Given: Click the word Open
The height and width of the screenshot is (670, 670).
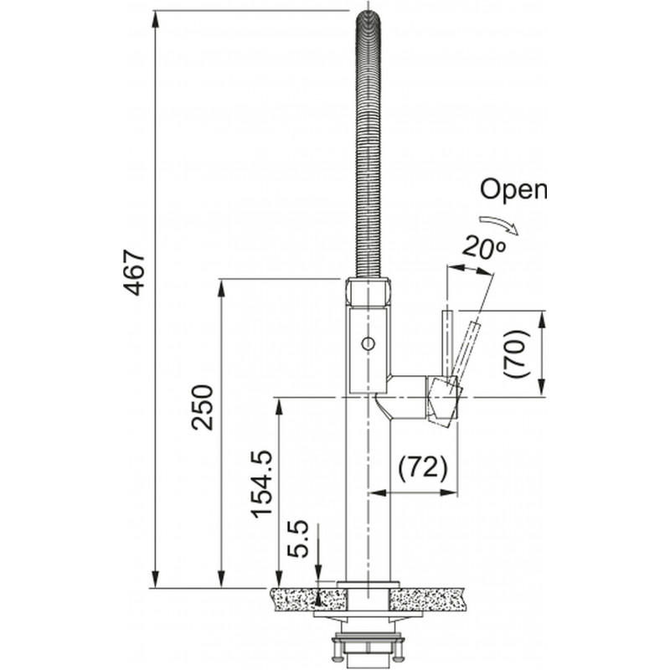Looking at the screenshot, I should (513, 190).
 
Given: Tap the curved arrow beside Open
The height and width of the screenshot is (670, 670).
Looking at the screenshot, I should (502, 220).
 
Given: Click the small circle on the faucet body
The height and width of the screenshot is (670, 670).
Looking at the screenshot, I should (366, 343).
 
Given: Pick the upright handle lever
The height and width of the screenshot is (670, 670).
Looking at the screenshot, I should (447, 343).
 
